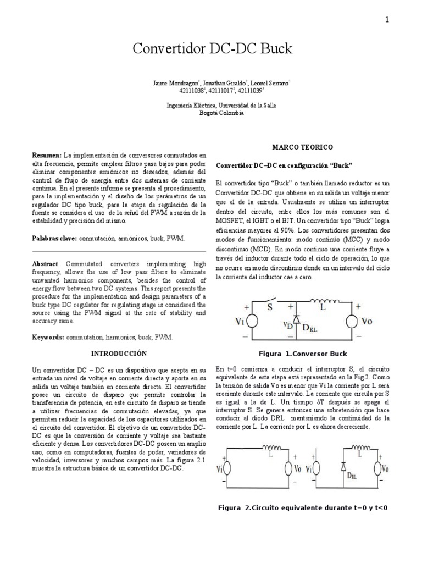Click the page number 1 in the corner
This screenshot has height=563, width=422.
[x=387, y=20]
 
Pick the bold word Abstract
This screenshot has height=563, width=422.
[x=46, y=264]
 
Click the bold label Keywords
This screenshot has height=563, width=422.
[x=48, y=336]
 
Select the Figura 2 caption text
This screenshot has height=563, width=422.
[x=303, y=507]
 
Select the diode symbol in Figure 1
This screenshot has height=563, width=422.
[x=297, y=318]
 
